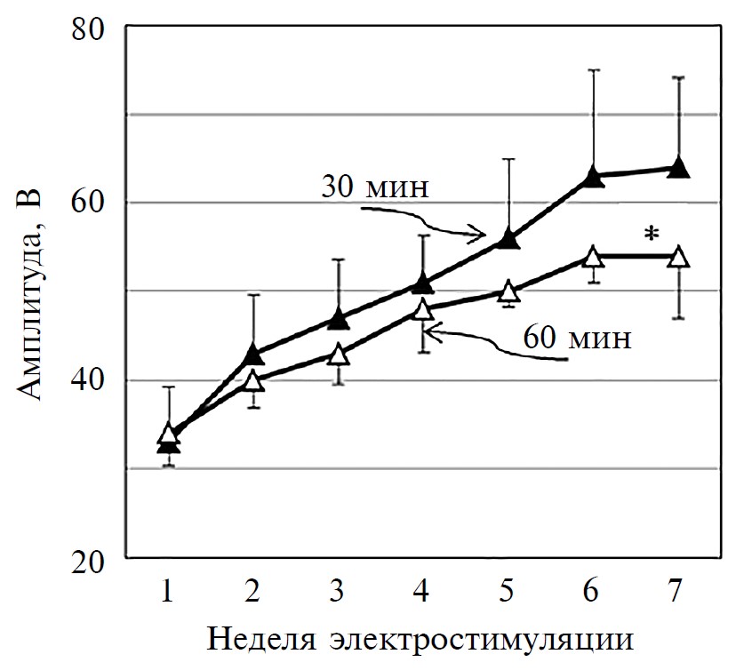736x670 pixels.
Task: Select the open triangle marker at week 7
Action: pos(678,256)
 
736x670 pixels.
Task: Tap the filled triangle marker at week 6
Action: pos(594,176)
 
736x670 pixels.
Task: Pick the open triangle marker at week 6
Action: pos(594,256)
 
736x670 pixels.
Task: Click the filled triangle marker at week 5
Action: pos(508,237)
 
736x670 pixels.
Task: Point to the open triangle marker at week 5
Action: pos(508,291)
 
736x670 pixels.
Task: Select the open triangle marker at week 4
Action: pos(423,308)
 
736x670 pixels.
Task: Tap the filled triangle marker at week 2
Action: pos(253,353)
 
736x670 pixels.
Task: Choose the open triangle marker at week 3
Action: pos(339,354)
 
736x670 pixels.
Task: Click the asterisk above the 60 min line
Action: pos(652,235)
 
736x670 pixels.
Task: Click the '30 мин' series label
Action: pos(376,187)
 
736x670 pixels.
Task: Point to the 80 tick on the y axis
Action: pos(88,28)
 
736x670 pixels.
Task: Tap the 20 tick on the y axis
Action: pos(88,561)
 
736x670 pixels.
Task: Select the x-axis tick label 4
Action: pos(423,589)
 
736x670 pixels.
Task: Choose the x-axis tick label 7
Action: pos(678,589)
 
